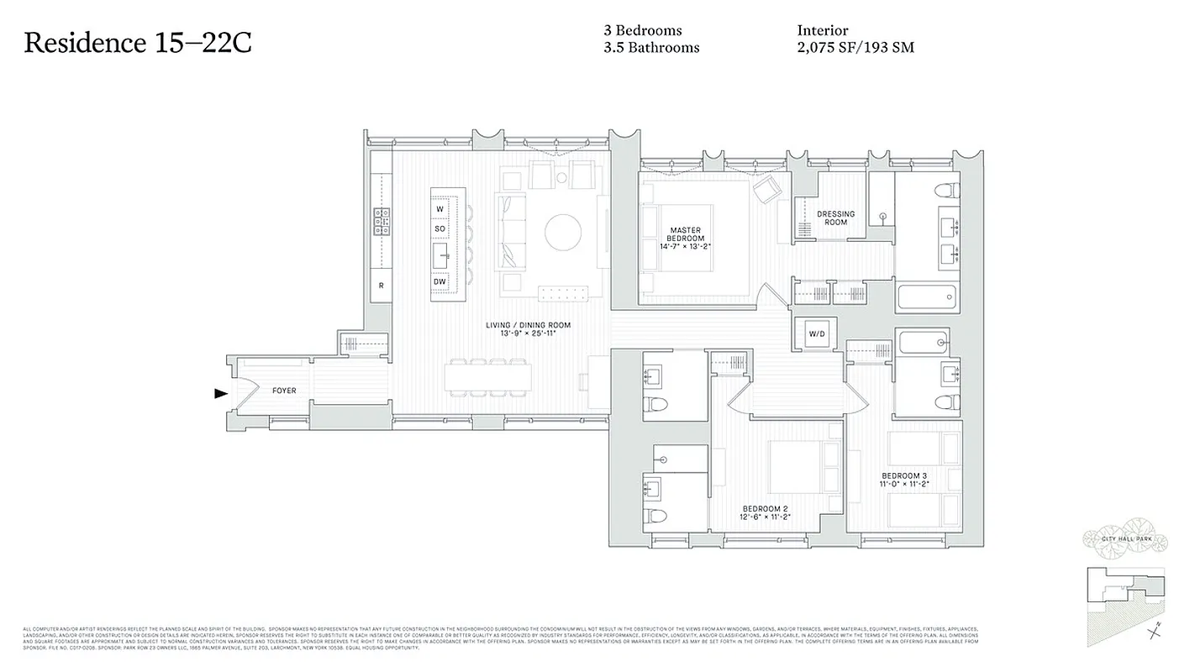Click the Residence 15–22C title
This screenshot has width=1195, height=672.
click(138, 43)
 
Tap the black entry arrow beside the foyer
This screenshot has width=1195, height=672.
click(221, 393)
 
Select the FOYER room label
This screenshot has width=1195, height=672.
click(284, 391)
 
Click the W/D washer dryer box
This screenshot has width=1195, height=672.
click(817, 334)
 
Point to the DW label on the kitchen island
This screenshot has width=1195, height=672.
click(440, 281)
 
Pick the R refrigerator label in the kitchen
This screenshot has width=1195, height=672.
click(381, 286)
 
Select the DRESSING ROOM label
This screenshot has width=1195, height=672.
click(835, 218)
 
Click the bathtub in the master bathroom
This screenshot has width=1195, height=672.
click(927, 296)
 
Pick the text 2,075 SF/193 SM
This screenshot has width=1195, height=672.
click(855, 48)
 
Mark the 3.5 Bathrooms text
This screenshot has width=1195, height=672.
click(650, 48)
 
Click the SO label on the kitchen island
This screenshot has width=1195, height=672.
click(440, 228)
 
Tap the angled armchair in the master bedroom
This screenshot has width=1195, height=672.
click(766, 191)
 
